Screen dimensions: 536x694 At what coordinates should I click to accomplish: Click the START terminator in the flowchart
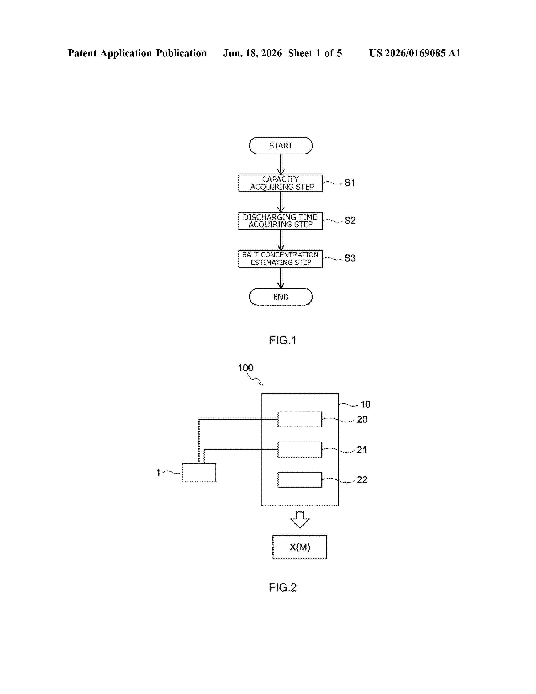point(281,146)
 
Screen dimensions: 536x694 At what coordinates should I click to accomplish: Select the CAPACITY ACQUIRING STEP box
point(281,183)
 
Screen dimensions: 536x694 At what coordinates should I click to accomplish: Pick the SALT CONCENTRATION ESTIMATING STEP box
point(281,259)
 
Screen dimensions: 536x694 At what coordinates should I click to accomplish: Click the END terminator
point(281,297)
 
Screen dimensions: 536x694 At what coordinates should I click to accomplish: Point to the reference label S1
point(350,183)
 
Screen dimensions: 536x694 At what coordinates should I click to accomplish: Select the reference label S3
point(350,258)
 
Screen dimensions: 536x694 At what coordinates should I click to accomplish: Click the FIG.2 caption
point(283,588)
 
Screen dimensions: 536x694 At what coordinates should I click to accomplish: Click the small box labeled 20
point(300,420)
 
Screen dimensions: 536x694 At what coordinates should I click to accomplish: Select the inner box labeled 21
point(300,450)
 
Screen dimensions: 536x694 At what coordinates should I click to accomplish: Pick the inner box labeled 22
point(300,480)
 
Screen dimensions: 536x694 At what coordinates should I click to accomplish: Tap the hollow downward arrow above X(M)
point(300,520)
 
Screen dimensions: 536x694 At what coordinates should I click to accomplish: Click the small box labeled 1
point(199,473)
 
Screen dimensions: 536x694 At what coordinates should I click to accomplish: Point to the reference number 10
point(365,404)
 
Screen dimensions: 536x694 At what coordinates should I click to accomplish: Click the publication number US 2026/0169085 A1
point(415,53)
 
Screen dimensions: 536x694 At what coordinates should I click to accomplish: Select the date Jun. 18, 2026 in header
point(252,53)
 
